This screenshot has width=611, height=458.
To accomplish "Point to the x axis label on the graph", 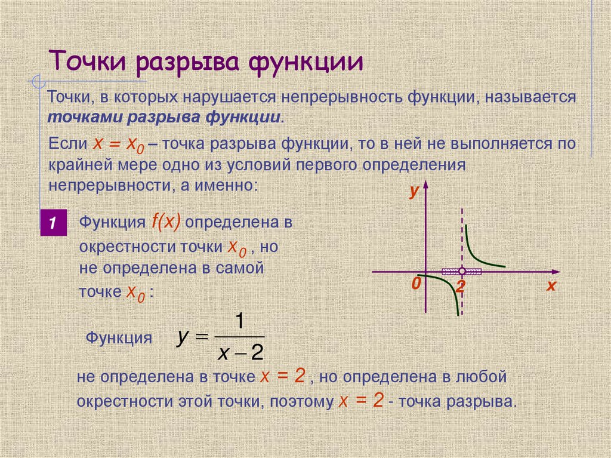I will point(550,286).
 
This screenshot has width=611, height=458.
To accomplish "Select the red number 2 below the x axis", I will point(460,287).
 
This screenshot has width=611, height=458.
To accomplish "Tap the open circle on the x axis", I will point(462,272).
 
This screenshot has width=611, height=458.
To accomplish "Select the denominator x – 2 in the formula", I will point(240,354).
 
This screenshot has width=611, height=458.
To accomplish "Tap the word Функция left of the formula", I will point(119,338).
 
